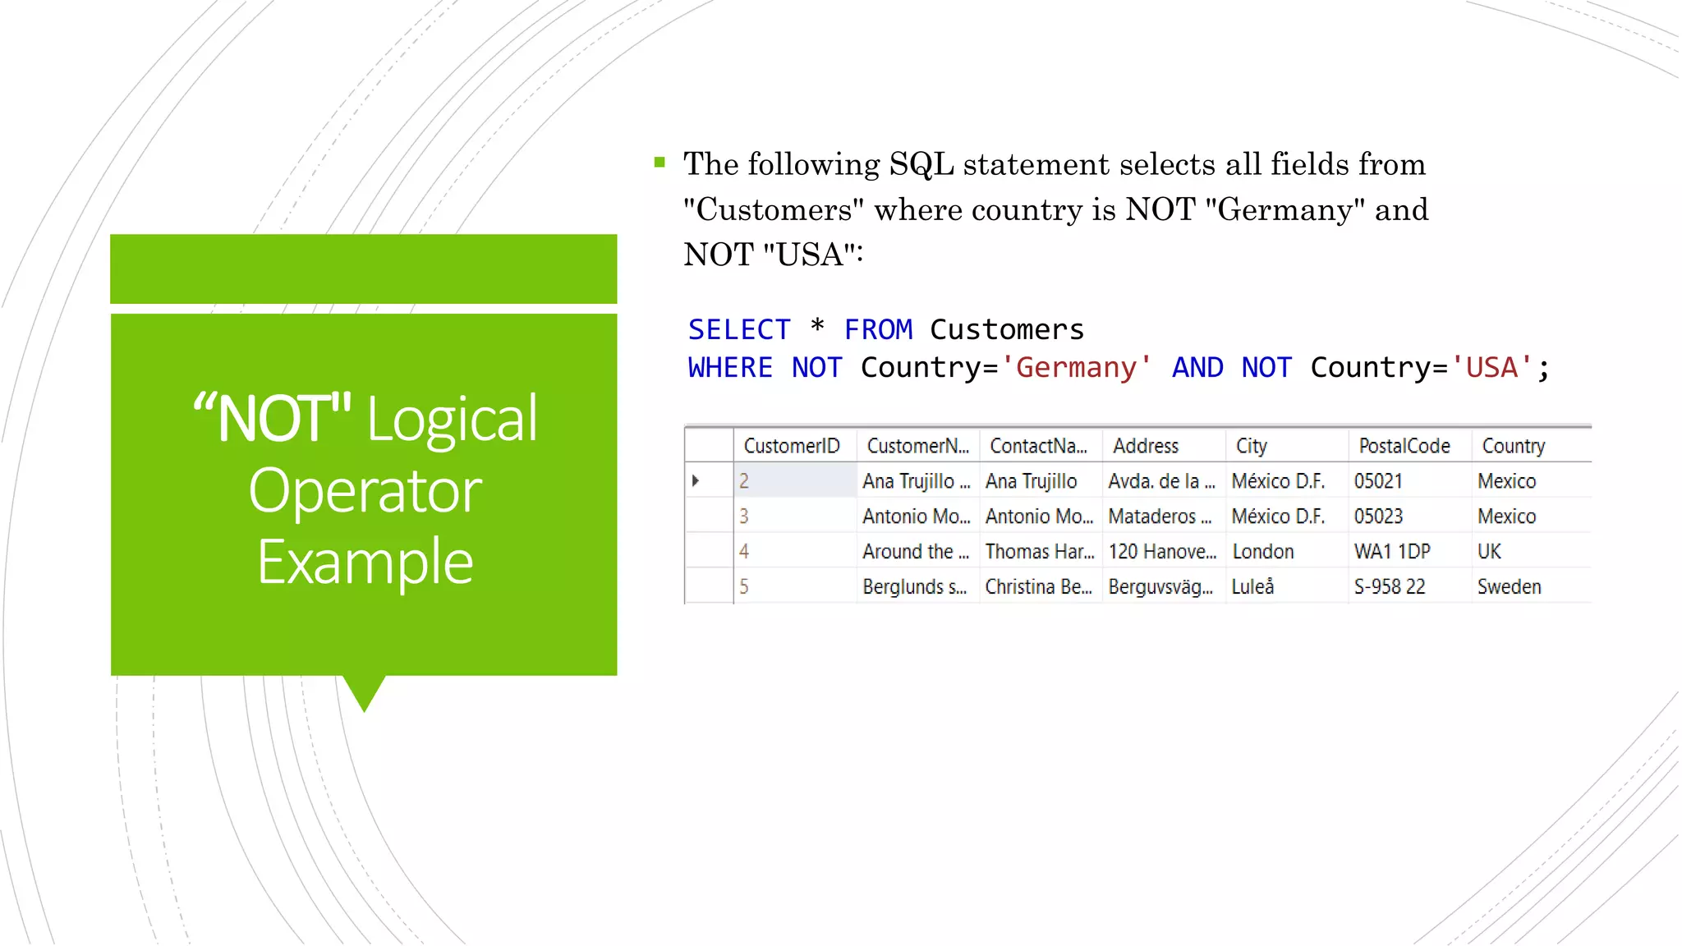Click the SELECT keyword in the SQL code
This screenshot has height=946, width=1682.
pos(738,330)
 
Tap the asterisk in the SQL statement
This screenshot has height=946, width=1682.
pos(817,328)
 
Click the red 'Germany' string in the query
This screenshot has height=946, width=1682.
pos(1076,367)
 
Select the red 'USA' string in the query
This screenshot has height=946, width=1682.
pos(1491,367)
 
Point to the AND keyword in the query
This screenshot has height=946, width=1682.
pos(1197,367)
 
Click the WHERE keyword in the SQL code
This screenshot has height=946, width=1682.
pos(730,367)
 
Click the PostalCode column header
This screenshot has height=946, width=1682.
pos(1404,446)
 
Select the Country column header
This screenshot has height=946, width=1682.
pos(1513,446)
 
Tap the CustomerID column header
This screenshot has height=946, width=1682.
pos(792,446)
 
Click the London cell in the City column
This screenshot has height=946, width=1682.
pos(1263,552)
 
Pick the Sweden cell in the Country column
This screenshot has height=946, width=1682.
pos(1509,587)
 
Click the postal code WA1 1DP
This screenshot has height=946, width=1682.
pos(1392,552)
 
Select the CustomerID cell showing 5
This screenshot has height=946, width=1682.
pos(744,587)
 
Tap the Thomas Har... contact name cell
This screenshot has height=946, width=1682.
pos(1040,552)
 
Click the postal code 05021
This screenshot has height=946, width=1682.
pos(1378,481)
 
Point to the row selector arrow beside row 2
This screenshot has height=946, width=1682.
pos(696,481)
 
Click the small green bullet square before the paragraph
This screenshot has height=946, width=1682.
pos(659,163)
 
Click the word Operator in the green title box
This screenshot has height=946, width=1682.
pos(365,491)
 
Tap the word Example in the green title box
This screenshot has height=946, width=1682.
pos(365,563)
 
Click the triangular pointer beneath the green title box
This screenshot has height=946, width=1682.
pos(364,691)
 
